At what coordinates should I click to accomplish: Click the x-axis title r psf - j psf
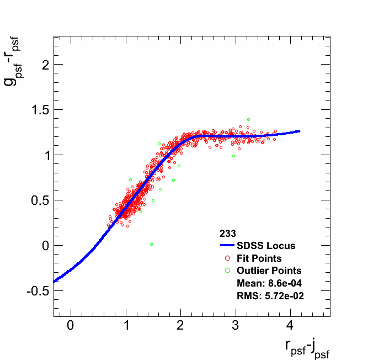307,347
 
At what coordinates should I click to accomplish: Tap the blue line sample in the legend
227,246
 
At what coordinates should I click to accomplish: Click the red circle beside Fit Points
227,258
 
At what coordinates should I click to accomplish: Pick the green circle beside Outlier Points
227,271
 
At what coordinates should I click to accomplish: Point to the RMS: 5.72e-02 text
270,296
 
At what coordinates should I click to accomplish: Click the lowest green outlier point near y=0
151,244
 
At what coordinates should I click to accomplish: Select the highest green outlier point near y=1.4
248,119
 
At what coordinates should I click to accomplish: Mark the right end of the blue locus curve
299,131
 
